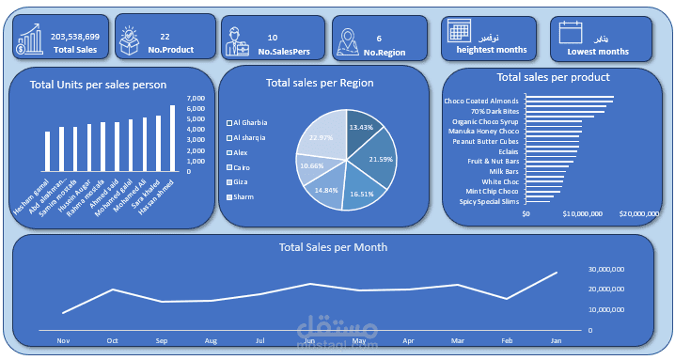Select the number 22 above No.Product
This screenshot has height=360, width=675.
[165, 36]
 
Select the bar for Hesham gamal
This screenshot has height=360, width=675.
[47, 151]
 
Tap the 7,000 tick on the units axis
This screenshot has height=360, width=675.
[196, 99]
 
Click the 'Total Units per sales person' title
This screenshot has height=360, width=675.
[99, 85]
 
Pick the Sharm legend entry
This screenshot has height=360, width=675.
[243, 196]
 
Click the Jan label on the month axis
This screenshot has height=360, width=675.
[555, 340]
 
